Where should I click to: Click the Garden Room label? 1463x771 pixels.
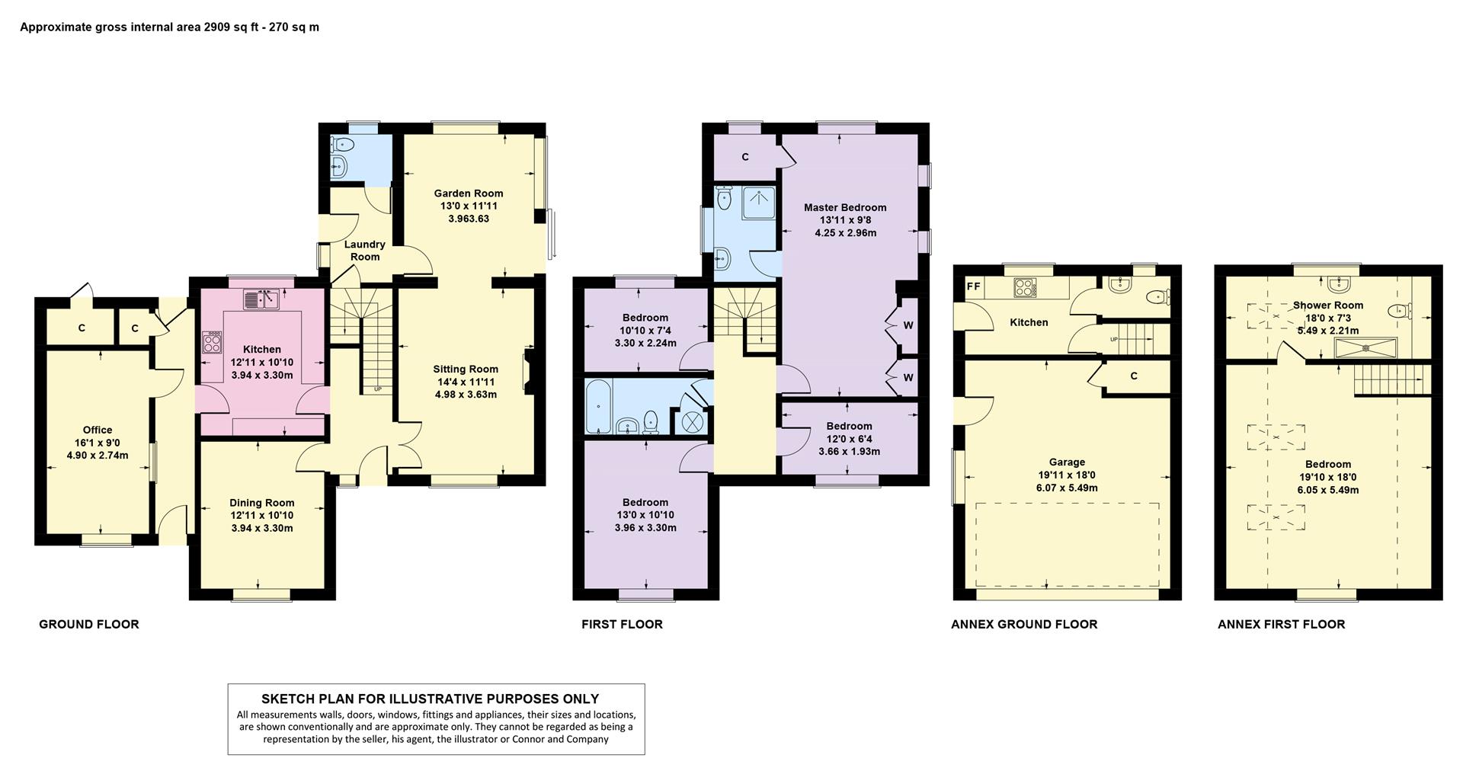tap(469, 194)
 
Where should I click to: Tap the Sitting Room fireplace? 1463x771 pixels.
tap(528, 372)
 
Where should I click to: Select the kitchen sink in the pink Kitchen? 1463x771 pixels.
tap(261, 300)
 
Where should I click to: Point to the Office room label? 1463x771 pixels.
tap(98, 430)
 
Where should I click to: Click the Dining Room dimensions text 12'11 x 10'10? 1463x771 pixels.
tap(262, 516)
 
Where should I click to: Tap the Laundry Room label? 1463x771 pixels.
tap(365, 251)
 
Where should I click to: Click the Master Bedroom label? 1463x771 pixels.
tap(845, 207)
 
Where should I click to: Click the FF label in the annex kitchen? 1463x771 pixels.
tap(973, 287)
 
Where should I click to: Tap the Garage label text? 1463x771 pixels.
tap(1067, 462)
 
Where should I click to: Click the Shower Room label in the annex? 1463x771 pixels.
tap(1328, 306)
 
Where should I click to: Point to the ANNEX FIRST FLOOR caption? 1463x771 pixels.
tap(1282, 625)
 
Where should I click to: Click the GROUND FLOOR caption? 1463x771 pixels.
tap(89, 625)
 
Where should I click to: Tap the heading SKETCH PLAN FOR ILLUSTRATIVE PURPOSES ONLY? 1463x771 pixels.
tap(431, 699)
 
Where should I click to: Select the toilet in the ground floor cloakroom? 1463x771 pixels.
tap(342, 145)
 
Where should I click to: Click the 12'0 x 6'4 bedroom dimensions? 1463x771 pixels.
tap(850, 439)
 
